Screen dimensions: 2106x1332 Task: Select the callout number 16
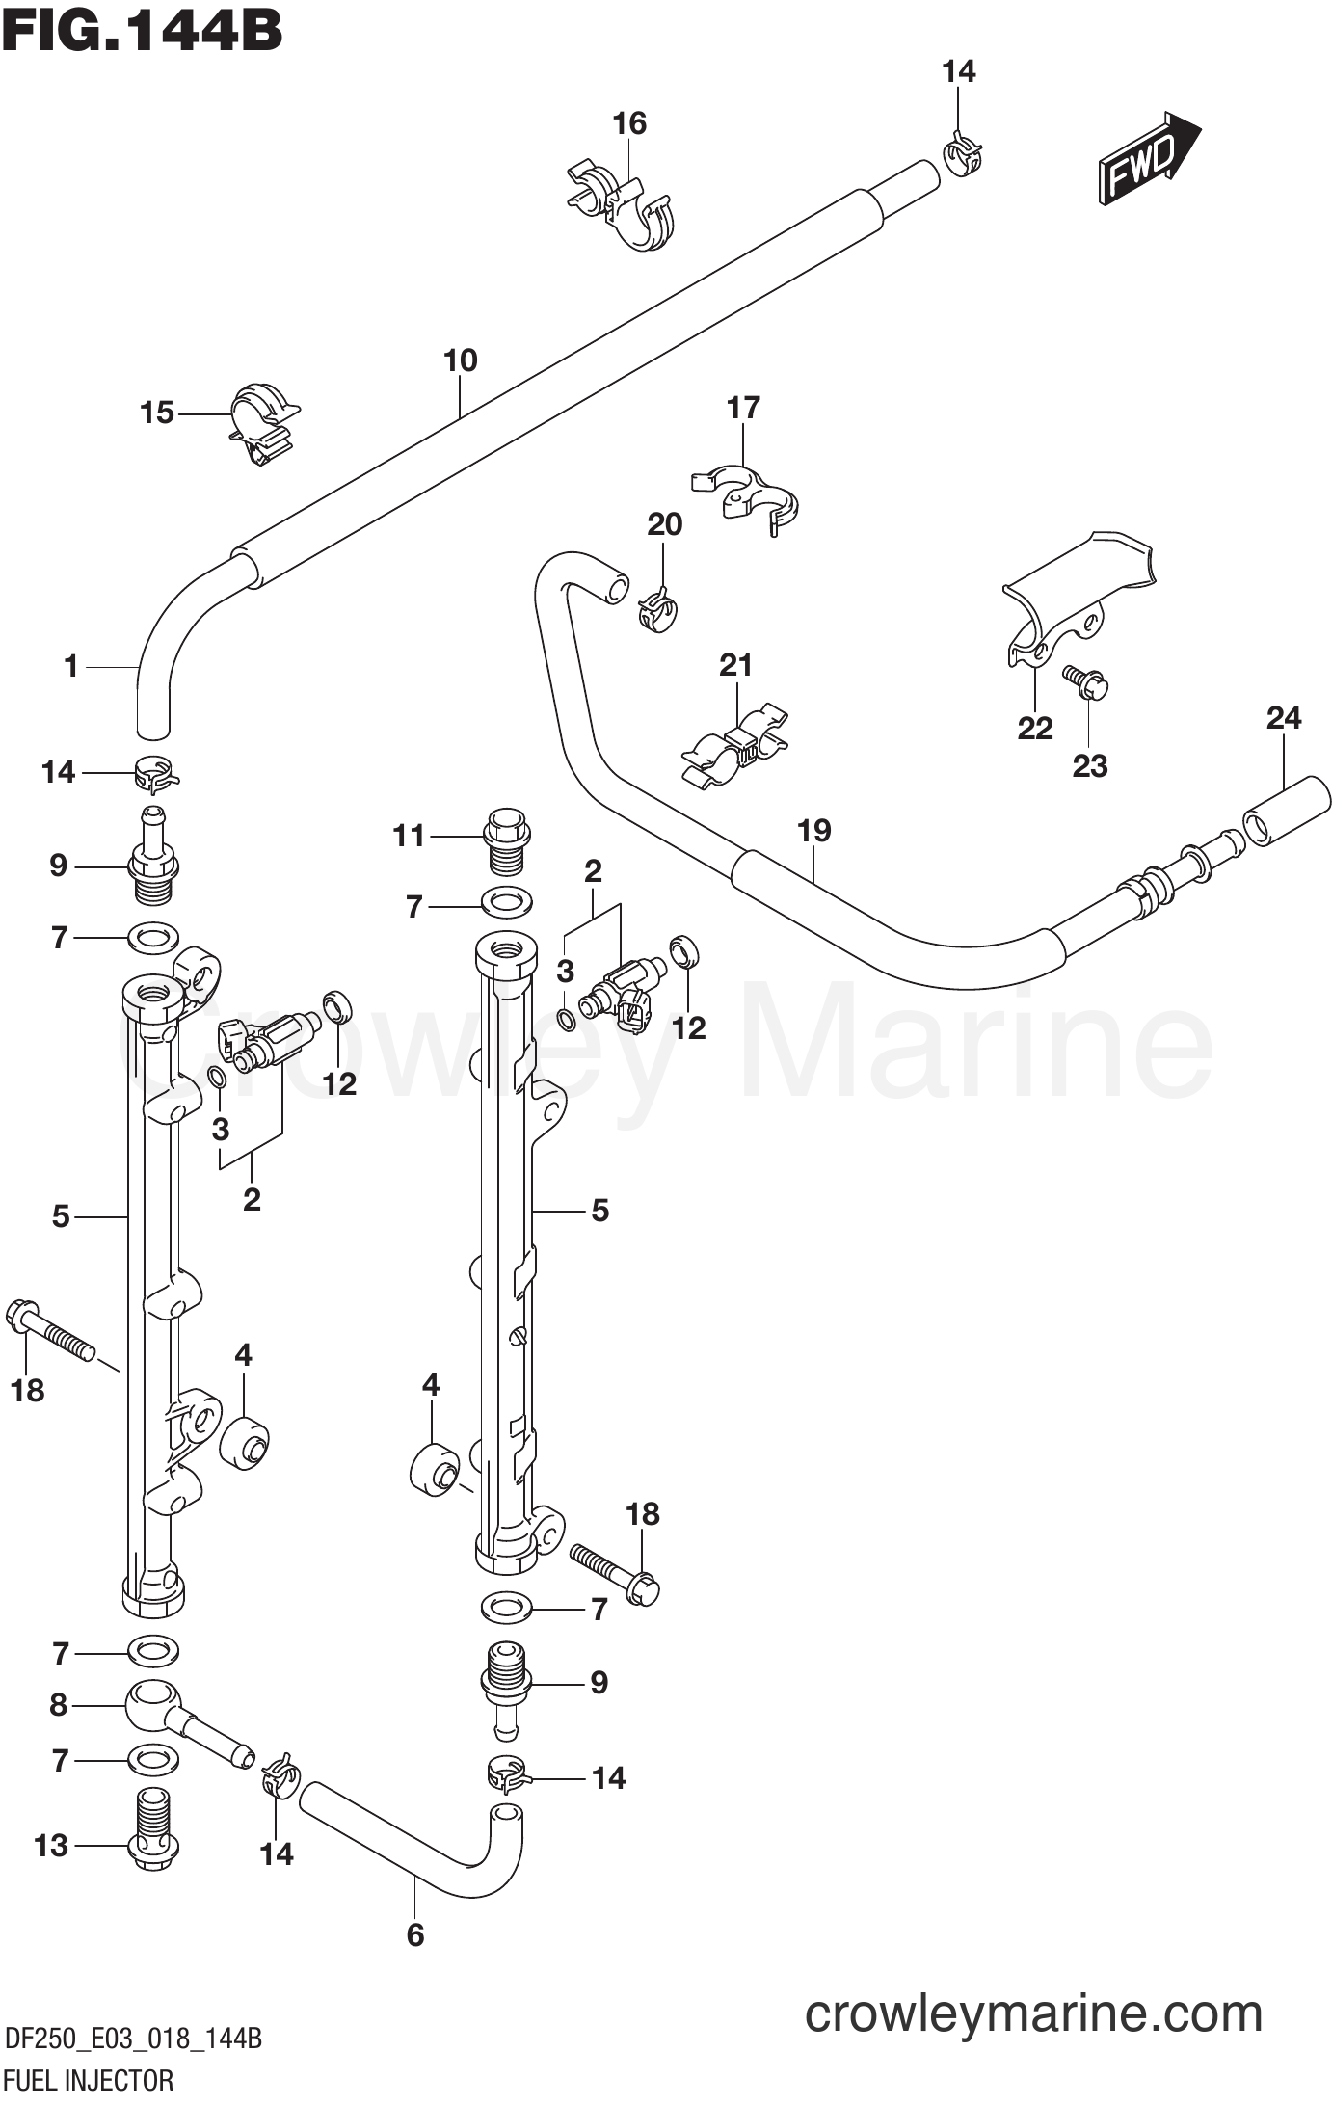[629, 123]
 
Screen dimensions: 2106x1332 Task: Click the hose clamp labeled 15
[263, 424]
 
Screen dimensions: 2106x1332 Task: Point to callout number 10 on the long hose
[460, 360]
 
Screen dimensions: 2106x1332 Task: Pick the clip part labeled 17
[748, 493]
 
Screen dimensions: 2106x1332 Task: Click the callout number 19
[814, 830]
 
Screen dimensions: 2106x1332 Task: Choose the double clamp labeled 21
[733, 746]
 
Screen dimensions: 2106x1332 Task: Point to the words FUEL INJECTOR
[89, 2080]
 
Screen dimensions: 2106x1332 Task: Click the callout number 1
[70, 665]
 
